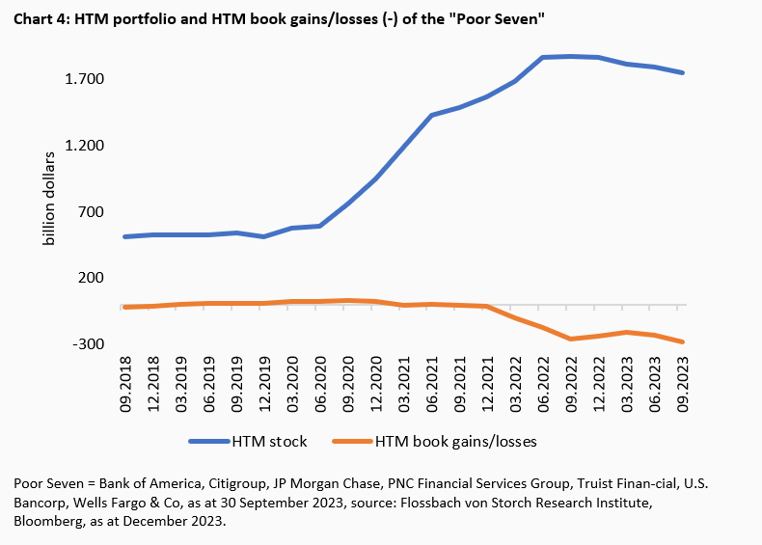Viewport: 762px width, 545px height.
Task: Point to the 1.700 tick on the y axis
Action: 84,79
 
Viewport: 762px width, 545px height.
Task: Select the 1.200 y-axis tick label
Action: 84,146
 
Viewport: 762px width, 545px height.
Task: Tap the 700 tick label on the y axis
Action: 90,212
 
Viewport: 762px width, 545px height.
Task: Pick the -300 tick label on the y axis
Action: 88,344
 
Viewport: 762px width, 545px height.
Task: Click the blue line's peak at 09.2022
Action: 571,56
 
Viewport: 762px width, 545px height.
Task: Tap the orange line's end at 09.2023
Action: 682,341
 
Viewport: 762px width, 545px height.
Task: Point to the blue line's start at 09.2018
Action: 126,236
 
